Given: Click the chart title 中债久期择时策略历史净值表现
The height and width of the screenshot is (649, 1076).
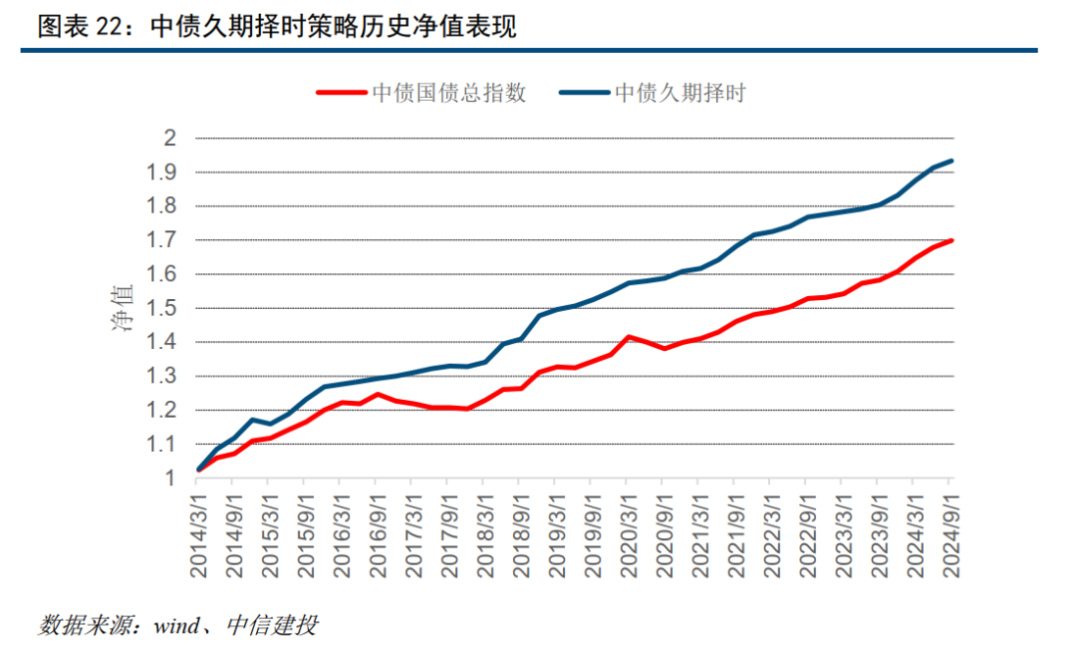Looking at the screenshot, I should point(333,27).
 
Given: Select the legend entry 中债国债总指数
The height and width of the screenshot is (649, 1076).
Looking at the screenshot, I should point(448,93).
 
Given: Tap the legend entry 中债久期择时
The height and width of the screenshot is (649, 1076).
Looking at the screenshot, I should point(680,93).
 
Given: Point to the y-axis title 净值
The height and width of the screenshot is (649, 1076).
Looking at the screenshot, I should point(121,307).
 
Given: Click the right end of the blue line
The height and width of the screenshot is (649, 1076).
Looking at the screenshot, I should point(952,161).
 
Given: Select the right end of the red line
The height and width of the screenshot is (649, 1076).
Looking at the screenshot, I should point(952,240).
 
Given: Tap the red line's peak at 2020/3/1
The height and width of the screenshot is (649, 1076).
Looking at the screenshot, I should point(629,337).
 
